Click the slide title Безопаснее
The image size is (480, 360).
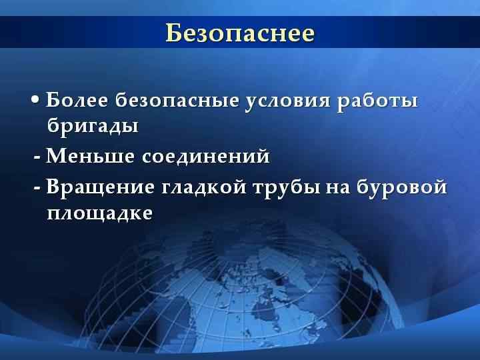(x=239, y=33)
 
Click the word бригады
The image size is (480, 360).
(x=93, y=125)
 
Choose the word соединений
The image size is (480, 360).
(x=206, y=157)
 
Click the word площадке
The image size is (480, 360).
(x=100, y=213)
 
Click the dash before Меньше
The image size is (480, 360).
(x=37, y=158)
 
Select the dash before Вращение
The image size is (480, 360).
(x=37, y=189)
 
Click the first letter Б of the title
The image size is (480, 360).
(x=173, y=33)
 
